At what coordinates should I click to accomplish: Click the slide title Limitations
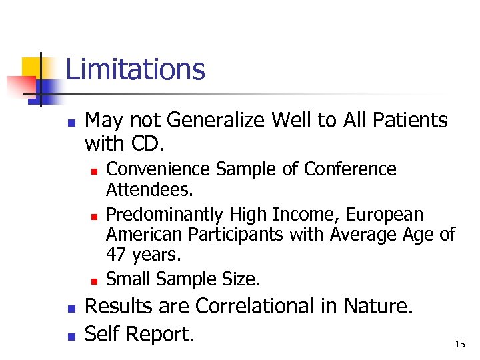(135, 69)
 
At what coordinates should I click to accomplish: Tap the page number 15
(459, 344)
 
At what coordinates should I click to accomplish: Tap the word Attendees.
(149, 191)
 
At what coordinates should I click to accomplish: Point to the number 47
(117, 255)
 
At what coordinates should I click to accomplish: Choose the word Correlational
(266, 306)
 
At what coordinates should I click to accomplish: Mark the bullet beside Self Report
(70, 335)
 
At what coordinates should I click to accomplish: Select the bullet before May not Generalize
(70, 123)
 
